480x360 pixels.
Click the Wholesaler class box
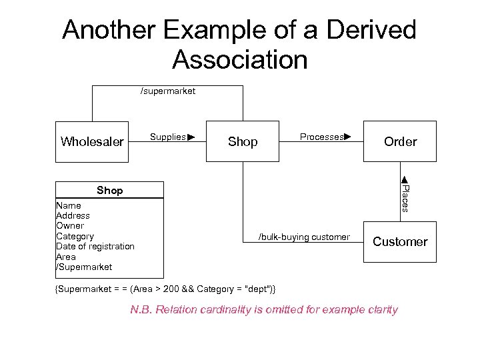92,141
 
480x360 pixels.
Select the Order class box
400,141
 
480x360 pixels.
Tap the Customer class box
400,242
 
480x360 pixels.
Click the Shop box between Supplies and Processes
243,141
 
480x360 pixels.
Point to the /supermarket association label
167,91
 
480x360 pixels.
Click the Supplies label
168,137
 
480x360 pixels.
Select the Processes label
322,137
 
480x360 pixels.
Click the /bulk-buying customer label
304,237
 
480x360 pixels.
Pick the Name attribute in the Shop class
69,206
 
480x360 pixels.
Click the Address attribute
73,216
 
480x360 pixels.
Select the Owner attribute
70,226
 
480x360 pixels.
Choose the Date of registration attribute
95,247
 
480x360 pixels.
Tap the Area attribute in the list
66,257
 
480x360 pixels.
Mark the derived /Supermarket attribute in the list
84,267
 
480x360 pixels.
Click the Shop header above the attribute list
109,191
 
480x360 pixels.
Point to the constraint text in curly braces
165,289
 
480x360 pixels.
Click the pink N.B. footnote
264,309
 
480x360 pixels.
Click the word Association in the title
240,60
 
